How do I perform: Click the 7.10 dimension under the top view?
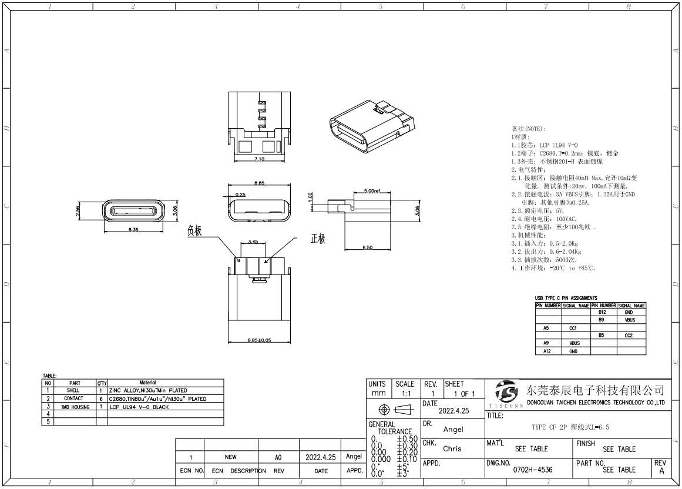pos(258,159)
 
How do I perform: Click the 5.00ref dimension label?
pos(373,191)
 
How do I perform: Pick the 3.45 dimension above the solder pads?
pos(253,242)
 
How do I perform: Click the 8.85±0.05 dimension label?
pos(258,340)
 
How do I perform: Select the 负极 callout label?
pos(194,231)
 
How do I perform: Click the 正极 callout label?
pos(318,239)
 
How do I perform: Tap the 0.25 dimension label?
pos(241,195)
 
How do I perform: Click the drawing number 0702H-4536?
pos(533,470)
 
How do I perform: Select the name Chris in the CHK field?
pos(452,448)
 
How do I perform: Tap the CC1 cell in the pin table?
pos(573,329)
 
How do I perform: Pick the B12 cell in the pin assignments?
pos(602,313)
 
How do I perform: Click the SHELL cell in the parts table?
pos(73,390)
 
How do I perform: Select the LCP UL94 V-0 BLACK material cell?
pos(140,406)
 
